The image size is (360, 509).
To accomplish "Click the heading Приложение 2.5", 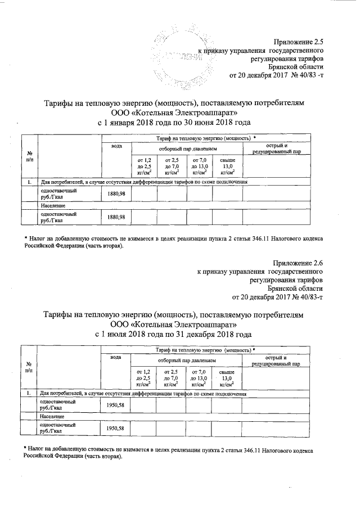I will pos(299,40).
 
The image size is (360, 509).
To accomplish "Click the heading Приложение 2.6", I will pos(299,263).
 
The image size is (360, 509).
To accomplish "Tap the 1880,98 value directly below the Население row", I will pos(116,217).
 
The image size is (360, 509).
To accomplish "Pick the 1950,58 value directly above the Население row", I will pos(115,405).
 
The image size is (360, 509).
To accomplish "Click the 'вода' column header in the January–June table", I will pos(116,147).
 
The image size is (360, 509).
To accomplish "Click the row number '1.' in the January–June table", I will pos(29,182).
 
